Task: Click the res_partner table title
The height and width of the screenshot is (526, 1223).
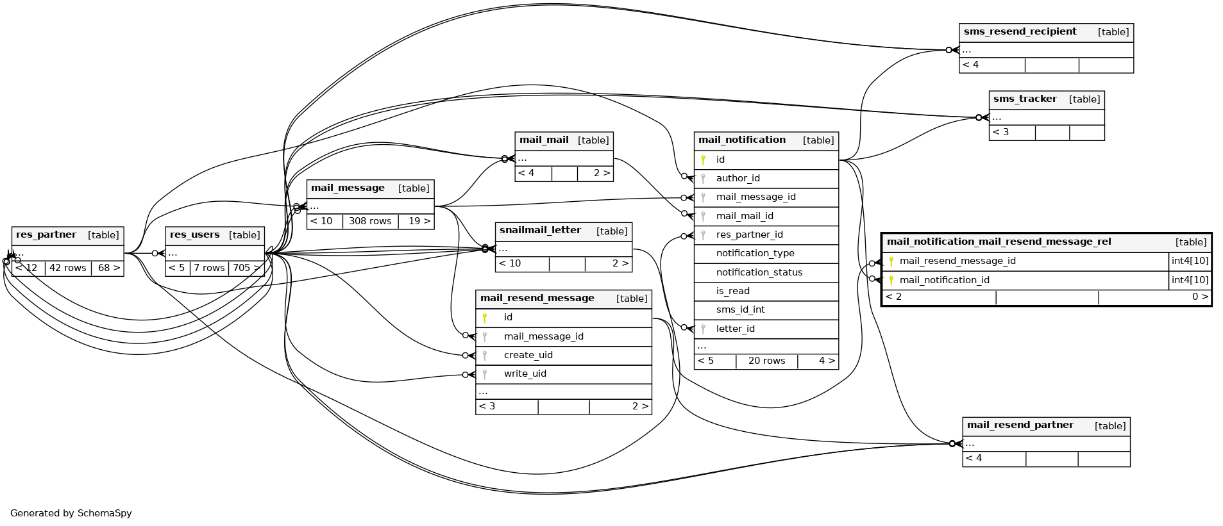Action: pos(46,235)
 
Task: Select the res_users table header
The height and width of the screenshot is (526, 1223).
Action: pos(195,235)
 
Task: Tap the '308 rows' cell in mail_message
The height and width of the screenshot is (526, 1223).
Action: pos(370,221)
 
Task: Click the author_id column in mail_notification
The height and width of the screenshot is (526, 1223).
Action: pos(738,178)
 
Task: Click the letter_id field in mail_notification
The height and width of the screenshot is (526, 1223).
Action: pos(735,329)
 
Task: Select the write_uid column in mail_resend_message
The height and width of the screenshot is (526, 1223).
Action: pos(525,374)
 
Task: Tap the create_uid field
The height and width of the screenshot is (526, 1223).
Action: pos(528,355)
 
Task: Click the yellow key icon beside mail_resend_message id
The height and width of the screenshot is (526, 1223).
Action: pos(485,317)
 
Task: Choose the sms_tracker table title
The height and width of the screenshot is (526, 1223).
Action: pos(1025,99)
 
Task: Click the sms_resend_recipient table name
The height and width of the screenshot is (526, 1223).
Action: pos(1020,32)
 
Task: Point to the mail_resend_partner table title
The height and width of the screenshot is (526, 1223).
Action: pos(1020,425)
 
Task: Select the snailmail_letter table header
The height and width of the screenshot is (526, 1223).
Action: pos(540,231)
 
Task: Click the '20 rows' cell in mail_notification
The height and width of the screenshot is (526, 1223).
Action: pos(766,361)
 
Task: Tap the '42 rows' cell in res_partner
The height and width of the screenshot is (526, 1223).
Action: pos(67,268)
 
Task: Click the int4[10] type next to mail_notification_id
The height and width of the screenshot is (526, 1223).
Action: pos(1190,280)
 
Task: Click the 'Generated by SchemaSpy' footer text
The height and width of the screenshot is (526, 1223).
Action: pos(71,513)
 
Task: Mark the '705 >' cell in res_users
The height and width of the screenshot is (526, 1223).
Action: pos(246,268)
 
